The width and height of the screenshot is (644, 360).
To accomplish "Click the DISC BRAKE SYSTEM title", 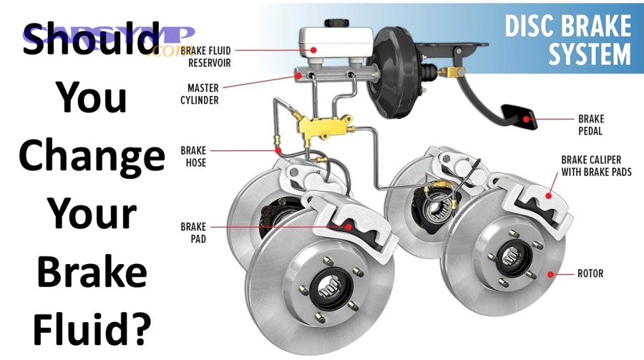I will coord(570,39).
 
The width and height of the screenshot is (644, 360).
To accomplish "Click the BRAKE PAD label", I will coord(193,232).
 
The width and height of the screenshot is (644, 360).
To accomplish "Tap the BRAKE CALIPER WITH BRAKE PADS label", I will coord(595,166).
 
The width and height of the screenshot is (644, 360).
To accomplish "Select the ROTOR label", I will coord(590,273).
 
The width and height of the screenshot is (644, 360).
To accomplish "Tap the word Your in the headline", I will coord(92,213).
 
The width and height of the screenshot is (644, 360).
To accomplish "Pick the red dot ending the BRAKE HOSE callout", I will coord(277,151).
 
